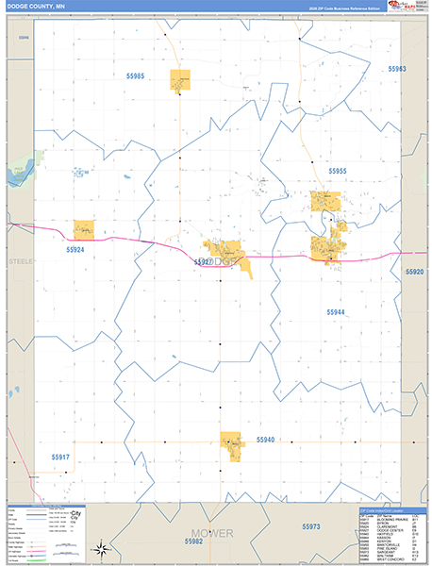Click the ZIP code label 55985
click(131, 75)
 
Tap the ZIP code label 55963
click(397, 69)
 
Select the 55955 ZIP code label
click(338, 171)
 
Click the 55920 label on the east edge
click(415, 272)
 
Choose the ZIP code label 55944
click(337, 311)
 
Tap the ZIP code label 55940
click(264, 440)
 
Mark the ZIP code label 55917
click(60, 457)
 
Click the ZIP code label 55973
click(312, 526)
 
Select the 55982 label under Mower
click(194, 541)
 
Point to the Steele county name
click(20, 259)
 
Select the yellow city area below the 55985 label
click(179, 80)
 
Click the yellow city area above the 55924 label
click(84, 229)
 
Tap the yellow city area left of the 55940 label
click(232, 443)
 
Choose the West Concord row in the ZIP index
click(377, 560)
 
